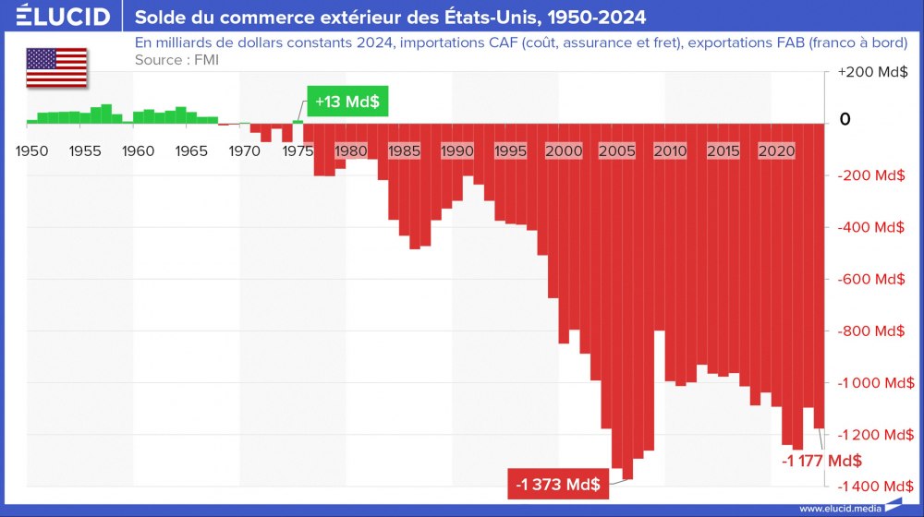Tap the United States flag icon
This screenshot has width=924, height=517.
(56, 67)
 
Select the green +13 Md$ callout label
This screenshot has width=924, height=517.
(346, 102)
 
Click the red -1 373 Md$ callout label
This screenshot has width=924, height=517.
(558, 484)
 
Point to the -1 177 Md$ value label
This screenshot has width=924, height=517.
(821, 461)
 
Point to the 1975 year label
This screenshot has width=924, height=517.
(298, 150)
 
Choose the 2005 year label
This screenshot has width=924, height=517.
(616, 150)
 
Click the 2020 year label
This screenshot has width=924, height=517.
(776, 150)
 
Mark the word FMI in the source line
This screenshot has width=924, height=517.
(206, 60)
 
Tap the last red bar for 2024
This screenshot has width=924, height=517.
(819, 277)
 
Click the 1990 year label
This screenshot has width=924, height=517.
(457, 150)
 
